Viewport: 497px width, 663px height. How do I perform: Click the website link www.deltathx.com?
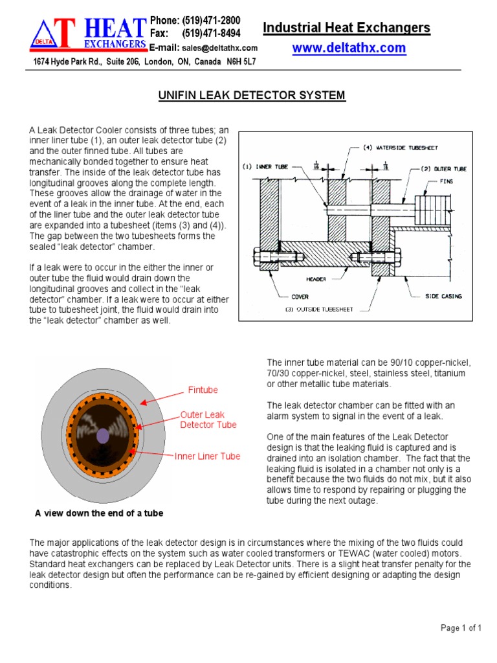(349, 48)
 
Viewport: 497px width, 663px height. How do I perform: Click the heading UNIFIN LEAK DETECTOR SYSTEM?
(252, 96)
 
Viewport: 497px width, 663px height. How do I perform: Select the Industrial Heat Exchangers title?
(346, 27)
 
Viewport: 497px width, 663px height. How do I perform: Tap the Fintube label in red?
(203, 390)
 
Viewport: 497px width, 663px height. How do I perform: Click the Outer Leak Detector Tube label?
(208, 420)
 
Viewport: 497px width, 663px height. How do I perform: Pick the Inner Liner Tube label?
(207, 456)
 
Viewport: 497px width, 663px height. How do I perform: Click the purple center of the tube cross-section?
(102, 437)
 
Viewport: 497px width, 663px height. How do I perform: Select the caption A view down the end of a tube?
(98, 513)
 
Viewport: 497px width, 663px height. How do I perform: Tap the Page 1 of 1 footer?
(461, 627)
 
